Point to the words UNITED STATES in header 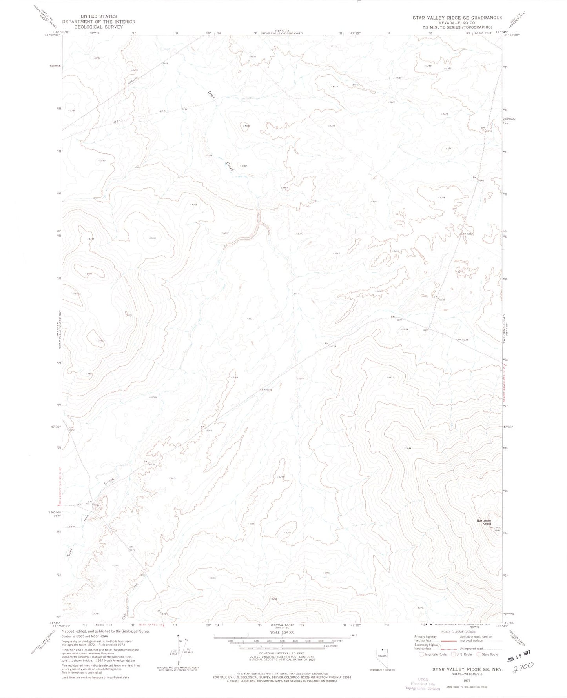(98, 16)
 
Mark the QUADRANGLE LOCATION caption (379, 670)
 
